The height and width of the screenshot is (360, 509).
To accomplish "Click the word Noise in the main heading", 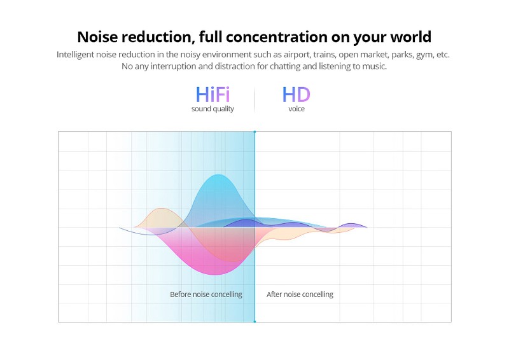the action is coord(97,37).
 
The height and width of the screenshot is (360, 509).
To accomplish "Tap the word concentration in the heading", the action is coord(277,37).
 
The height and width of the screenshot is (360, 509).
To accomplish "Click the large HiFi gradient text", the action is coord(213,95).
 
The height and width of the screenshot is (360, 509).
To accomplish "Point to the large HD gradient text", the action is coord(296,95).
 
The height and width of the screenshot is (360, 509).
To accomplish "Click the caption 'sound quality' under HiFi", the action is coord(213,109).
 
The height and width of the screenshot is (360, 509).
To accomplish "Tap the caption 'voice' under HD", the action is coord(296,109).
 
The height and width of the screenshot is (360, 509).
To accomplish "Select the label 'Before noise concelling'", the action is coord(206,294).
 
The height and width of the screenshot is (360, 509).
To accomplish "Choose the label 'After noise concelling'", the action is coord(300,294).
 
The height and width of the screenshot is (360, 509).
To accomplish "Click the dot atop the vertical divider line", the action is coord(255,132).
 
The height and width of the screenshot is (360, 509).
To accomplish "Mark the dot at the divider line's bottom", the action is coord(255,322).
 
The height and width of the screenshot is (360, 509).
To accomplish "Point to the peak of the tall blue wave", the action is coord(218,175).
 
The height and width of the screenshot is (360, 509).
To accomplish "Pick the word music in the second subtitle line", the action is coord(375,67).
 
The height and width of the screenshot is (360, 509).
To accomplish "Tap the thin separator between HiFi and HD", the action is coord(255,100).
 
